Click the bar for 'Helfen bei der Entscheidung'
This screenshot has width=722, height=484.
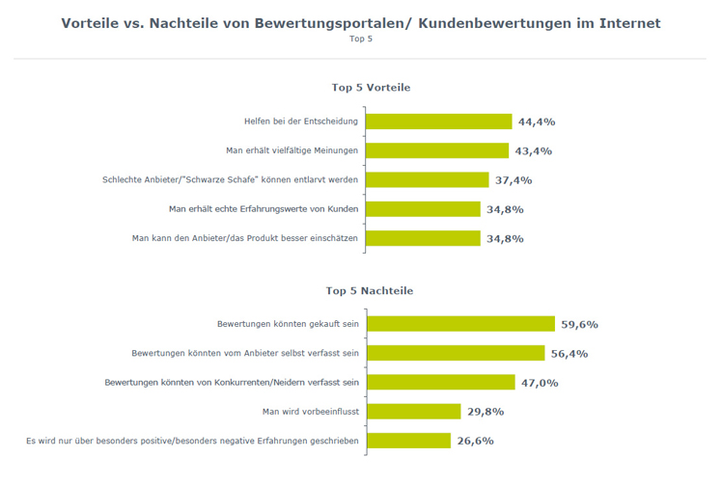(439, 121)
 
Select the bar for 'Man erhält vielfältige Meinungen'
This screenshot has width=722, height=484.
(437, 150)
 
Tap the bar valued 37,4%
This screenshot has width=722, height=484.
(428, 179)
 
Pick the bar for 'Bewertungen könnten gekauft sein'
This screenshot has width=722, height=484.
(460, 324)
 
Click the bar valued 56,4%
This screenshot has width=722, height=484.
(456, 353)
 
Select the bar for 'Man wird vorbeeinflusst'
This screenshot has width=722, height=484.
(413, 412)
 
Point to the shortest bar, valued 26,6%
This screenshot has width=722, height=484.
(408, 441)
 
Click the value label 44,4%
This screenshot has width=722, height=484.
(537, 122)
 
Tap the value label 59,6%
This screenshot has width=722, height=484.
(580, 325)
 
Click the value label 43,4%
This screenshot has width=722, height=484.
(533, 151)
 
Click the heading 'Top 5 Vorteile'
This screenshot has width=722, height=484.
(371, 87)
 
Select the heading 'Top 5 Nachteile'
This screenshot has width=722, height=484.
(371, 289)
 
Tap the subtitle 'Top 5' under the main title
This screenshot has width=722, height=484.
(361, 39)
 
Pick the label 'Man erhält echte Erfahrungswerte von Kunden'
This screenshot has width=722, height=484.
(264, 208)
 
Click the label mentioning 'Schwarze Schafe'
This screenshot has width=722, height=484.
(231, 179)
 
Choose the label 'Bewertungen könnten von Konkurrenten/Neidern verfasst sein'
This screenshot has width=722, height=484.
(232, 383)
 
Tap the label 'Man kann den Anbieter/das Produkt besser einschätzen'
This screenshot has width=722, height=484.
(245, 237)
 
